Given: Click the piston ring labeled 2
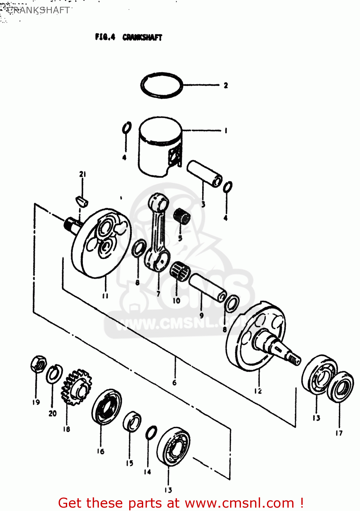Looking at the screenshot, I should coord(162,85).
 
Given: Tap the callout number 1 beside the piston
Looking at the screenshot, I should coord(226,130).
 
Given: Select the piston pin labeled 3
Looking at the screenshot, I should coord(204,173).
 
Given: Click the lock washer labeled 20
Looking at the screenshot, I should coord(54,374).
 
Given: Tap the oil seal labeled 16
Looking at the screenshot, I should coord(106,407).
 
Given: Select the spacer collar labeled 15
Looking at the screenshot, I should coord(132,421).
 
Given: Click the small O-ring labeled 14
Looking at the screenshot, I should coord(151,433).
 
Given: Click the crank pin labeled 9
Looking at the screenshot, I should coord(208,287).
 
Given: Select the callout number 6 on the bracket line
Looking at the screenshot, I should coord(174,383).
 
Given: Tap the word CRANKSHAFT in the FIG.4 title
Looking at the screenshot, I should coord(142,37).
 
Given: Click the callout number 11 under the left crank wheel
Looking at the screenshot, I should coord(105,296).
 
